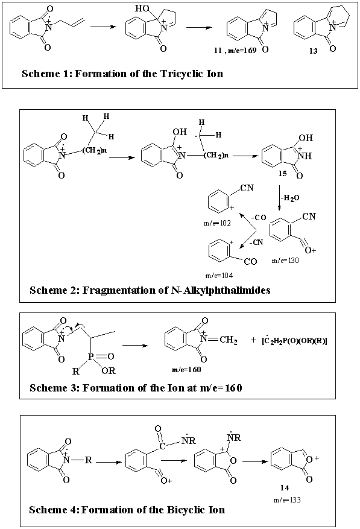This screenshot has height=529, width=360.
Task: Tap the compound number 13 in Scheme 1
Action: pyautogui.click(x=313, y=51)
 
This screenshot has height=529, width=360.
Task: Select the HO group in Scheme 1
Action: pyautogui.click(x=142, y=8)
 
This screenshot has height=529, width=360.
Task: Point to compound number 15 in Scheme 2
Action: pyautogui.click(x=282, y=173)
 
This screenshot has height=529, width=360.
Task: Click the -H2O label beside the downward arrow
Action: pyautogui.click(x=290, y=198)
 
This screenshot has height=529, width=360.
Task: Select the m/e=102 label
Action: pyautogui.click(x=217, y=223)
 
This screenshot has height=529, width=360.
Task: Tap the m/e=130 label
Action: pyautogui.click(x=285, y=260)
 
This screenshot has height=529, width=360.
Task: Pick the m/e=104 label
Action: pyautogui.click(x=219, y=276)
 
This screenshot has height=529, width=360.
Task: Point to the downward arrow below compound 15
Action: pyautogui.click(x=279, y=197)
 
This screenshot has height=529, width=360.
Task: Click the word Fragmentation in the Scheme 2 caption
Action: pyautogui.click(x=119, y=290)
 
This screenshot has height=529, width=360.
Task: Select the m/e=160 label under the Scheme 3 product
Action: pyautogui.click(x=186, y=369)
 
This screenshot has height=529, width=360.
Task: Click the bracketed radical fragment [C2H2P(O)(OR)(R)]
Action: pyautogui.click(x=294, y=341)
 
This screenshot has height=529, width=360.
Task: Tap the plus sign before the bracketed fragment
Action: pyautogui.click(x=253, y=340)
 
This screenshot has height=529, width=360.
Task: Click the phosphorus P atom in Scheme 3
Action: pyautogui.click(x=90, y=356)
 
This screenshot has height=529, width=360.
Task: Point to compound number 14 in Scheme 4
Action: pyautogui.click(x=285, y=487)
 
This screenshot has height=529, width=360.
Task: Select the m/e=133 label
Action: pyautogui.click(x=287, y=499)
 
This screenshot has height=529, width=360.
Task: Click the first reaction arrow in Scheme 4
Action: pyautogui.click(x=109, y=462)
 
